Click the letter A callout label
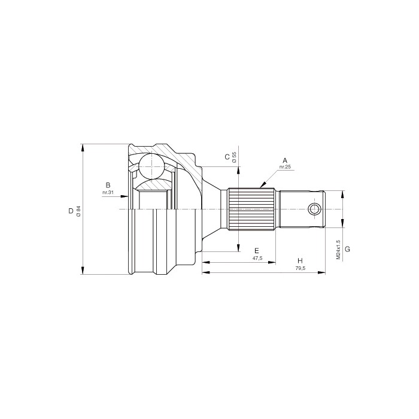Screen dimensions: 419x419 coord(285,160)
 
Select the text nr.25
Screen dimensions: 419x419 coord(285,167)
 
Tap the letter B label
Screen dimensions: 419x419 coord(108,185)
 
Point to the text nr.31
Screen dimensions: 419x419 coord(108,192)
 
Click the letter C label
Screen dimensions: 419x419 coord(227,157)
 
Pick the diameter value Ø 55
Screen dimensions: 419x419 coord(235,157)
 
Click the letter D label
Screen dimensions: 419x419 coord(71,211)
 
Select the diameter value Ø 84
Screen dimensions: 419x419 coord(78,211)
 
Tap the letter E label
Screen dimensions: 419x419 coord(257,251)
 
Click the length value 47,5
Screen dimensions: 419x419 coord(257,258)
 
